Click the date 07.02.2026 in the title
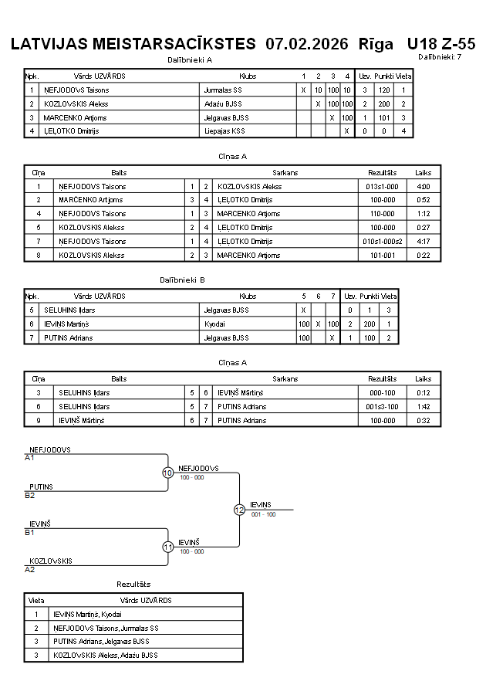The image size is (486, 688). click(x=306, y=43)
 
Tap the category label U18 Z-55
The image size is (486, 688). click(x=440, y=43)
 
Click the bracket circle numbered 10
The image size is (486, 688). click(x=167, y=473)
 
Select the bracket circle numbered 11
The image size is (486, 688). click(x=167, y=547)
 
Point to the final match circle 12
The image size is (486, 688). click(x=239, y=510)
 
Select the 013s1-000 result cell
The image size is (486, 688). click(x=382, y=186)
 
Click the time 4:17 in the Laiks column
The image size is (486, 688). click(x=423, y=242)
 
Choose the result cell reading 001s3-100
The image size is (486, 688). click(x=382, y=406)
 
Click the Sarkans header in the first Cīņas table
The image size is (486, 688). click(x=285, y=173)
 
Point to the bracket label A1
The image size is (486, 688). click(x=29, y=457)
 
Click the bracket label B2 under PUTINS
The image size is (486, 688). click(x=29, y=495)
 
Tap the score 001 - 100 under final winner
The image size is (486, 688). click(x=263, y=514)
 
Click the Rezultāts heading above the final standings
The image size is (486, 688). click(x=133, y=584)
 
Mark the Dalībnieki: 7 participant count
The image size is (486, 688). click(x=440, y=56)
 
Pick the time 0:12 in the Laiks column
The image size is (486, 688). click(x=423, y=392)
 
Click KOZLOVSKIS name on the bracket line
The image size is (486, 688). click(x=51, y=561)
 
